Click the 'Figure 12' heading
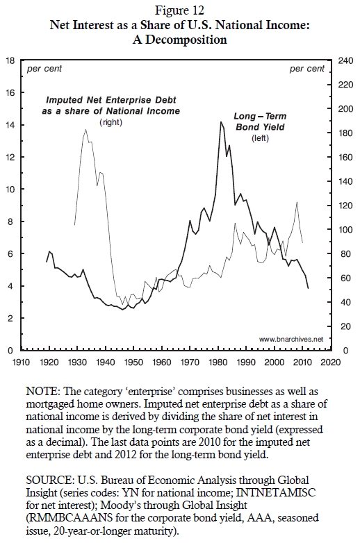tap(179, 10)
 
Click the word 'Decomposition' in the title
tap(186, 40)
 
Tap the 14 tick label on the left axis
tap(10, 125)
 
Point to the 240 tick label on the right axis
tap(345, 60)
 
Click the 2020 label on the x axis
tap(331, 362)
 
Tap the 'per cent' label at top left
tap(44, 69)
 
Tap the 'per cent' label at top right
tap(307, 69)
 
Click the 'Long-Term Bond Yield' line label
tap(260, 122)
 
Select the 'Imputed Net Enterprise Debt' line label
tap(111, 100)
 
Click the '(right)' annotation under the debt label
tap(111, 122)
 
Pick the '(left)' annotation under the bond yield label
tap(260, 138)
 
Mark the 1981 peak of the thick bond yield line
tap(220, 122)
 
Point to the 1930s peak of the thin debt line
tap(85, 130)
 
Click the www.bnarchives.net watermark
tap(291, 339)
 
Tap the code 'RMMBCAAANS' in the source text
tap(70, 518)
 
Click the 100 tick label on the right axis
tap(345, 230)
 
